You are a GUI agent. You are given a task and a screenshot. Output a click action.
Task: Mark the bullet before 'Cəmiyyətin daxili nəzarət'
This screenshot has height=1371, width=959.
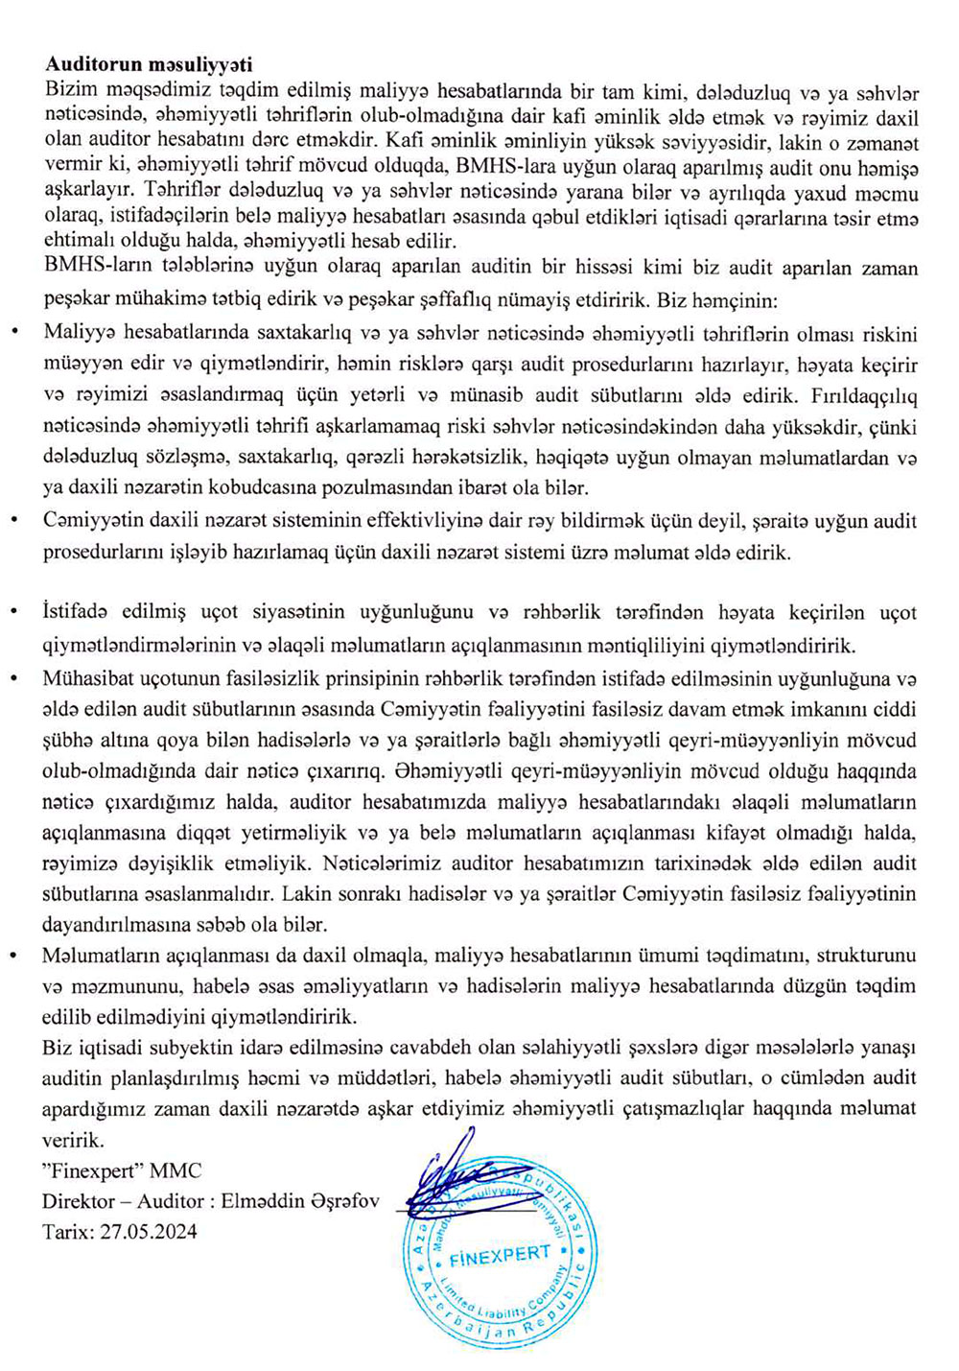point(13,521)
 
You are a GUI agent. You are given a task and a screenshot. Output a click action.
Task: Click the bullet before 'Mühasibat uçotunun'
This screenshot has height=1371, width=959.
point(13,679)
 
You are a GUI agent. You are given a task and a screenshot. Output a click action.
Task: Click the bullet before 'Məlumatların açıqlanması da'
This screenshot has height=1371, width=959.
point(13,956)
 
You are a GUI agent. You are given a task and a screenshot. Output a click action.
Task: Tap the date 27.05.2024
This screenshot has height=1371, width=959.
point(149,1231)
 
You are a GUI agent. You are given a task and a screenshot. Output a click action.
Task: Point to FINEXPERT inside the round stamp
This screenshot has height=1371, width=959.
point(500,1256)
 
